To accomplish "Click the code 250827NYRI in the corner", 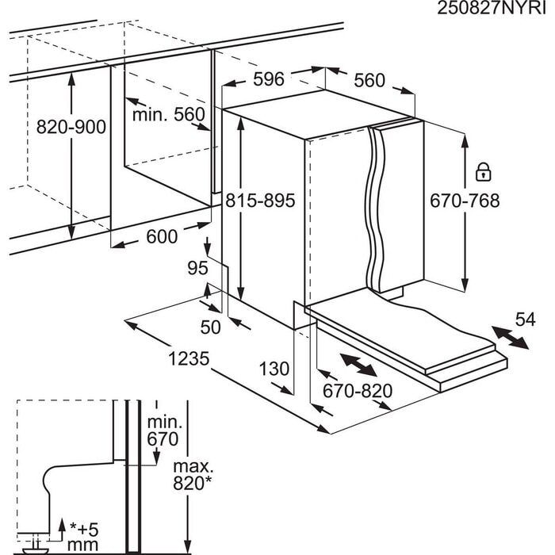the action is (x=492, y=9).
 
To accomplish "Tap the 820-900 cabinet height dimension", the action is (x=71, y=127).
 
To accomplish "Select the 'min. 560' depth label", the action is (x=168, y=114).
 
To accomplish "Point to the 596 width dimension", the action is (x=269, y=79).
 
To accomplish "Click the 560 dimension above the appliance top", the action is (x=369, y=80).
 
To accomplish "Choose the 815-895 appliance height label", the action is (x=260, y=201).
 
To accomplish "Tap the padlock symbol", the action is (x=484, y=172).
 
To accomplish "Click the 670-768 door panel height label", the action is (x=465, y=201).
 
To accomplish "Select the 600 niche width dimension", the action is (x=162, y=236).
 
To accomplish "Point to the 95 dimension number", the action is (x=197, y=268).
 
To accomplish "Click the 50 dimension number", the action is (x=210, y=327).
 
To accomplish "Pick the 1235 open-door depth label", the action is (x=189, y=358).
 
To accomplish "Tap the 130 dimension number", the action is (x=274, y=369).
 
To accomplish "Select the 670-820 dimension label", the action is (x=358, y=391).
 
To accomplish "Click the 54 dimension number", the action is (x=525, y=320).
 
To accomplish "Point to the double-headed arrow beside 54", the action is (x=510, y=338).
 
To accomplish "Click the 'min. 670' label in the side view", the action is (x=163, y=431).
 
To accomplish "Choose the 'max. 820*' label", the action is (x=193, y=475).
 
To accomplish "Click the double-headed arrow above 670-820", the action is (x=358, y=365).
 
